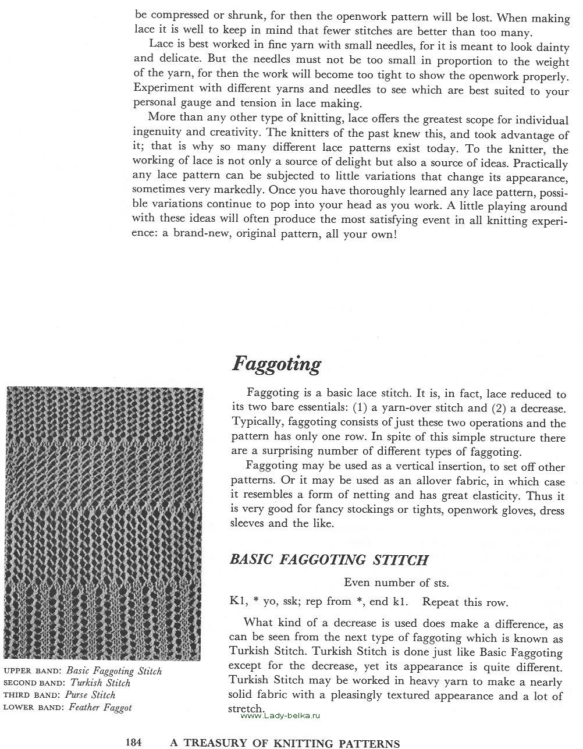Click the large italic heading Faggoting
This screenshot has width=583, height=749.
tap(276, 364)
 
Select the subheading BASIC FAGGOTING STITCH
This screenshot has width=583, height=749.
tap(329, 560)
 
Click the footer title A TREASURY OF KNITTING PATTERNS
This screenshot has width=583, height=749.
tap(285, 743)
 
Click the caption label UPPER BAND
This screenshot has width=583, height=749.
tap(32, 671)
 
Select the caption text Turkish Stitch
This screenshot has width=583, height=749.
tap(100, 683)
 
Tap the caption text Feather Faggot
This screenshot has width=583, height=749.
tap(100, 708)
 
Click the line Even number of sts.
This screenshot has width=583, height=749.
tap(396, 583)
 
